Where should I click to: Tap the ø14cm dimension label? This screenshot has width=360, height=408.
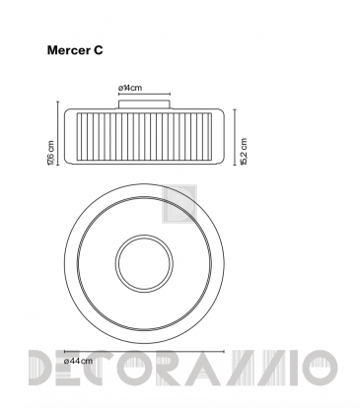point(130,88)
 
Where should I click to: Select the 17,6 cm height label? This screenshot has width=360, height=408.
point(51,153)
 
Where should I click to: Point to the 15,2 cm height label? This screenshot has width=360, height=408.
point(244,152)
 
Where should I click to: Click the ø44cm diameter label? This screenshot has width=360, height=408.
point(78,361)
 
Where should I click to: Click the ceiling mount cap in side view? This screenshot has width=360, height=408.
point(144,103)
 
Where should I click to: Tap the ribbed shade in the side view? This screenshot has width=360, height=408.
point(144,137)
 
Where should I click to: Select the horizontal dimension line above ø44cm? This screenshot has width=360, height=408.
point(144,351)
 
